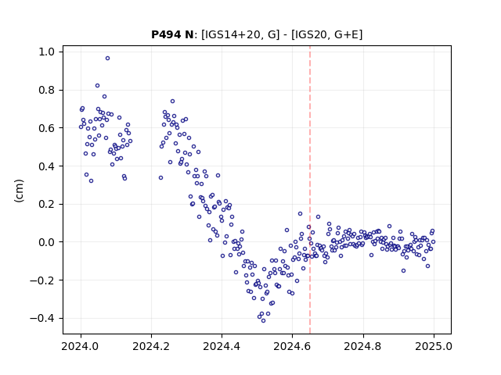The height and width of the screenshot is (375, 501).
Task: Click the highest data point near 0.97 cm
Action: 108,59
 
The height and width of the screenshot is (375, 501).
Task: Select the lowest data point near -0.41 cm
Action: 263,321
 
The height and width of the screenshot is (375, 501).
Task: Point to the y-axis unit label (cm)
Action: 19,191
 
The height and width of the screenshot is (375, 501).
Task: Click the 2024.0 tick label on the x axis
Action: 81,346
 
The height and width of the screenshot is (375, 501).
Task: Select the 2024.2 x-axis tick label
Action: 151,346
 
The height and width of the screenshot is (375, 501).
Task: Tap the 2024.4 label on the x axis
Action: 222,346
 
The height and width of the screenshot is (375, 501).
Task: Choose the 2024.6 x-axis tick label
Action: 292,346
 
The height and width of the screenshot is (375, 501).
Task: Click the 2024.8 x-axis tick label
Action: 363,346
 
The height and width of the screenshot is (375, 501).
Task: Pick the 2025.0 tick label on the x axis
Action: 434,346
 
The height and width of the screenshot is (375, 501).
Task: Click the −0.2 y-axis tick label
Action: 44,280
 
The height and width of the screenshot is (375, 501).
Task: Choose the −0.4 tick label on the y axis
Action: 44,318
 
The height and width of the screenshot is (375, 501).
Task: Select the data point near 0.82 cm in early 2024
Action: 97,85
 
